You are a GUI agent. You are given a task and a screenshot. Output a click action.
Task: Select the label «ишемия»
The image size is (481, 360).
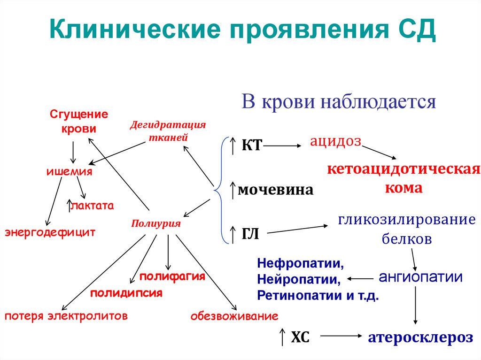(69, 171)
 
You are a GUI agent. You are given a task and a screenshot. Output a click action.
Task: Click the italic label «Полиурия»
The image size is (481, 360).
(156, 223)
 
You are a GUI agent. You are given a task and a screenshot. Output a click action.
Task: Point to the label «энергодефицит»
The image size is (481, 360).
(50, 232)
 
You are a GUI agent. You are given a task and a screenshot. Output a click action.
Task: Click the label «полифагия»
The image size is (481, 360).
(172, 276)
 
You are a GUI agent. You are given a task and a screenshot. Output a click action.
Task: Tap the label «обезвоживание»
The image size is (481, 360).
(234, 316)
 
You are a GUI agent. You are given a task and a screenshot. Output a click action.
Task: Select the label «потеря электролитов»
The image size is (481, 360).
(66, 316)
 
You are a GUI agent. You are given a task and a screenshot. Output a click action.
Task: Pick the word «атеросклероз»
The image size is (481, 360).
(420, 337)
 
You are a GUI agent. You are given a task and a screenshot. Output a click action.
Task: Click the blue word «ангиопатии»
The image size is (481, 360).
(420, 277)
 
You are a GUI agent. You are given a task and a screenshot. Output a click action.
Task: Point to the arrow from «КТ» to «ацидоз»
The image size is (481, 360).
(282, 146)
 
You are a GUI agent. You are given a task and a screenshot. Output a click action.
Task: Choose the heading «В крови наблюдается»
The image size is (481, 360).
(339, 101)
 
